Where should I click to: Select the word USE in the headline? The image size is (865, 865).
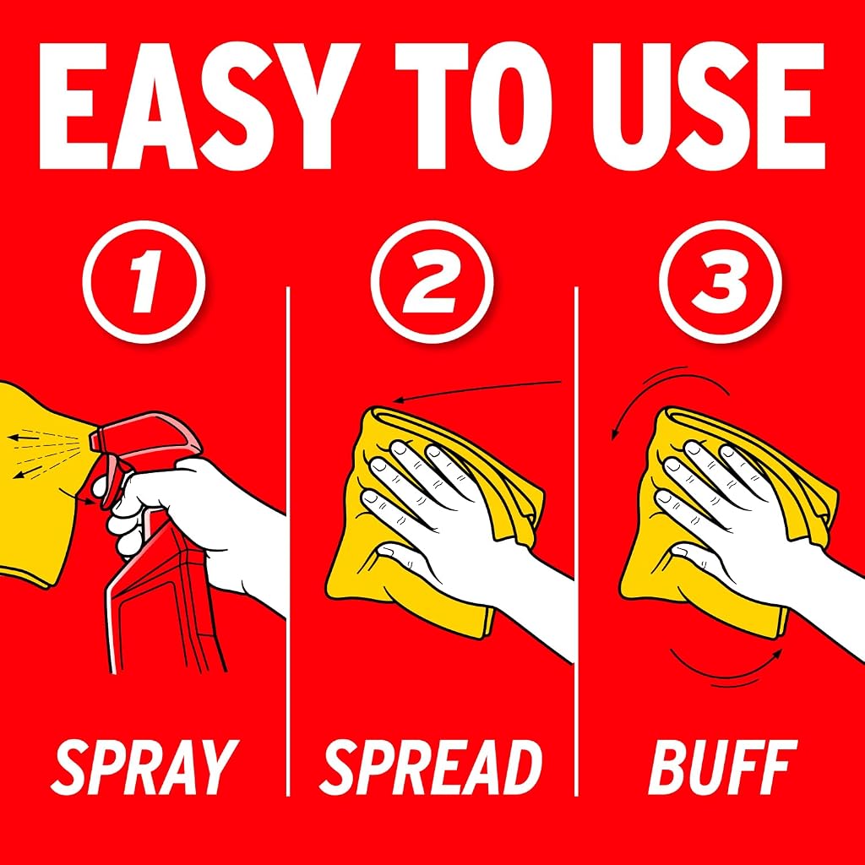pyautogui.click(x=709, y=106)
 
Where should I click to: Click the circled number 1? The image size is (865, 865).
pyautogui.click(x=144, y=282)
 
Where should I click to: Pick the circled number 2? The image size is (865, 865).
pyautogui.click(x=432, y=282)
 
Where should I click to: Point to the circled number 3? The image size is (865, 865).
pyautogui.click(x=721, y=282)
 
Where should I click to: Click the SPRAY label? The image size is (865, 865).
pyautogui.click(x=144, y=768)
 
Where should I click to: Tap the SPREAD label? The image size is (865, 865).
pyautogui.click(x=431, y=768)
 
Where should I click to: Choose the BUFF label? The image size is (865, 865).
pyautogui.click(x=723, y=768)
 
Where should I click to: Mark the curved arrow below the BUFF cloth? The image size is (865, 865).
pyautogui.click(x=728, y=674)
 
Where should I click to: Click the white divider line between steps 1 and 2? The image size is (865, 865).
pyautogui.click(x=288, y=541)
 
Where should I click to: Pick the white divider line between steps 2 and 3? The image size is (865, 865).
pyautogui.click(x=576, y=541)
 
